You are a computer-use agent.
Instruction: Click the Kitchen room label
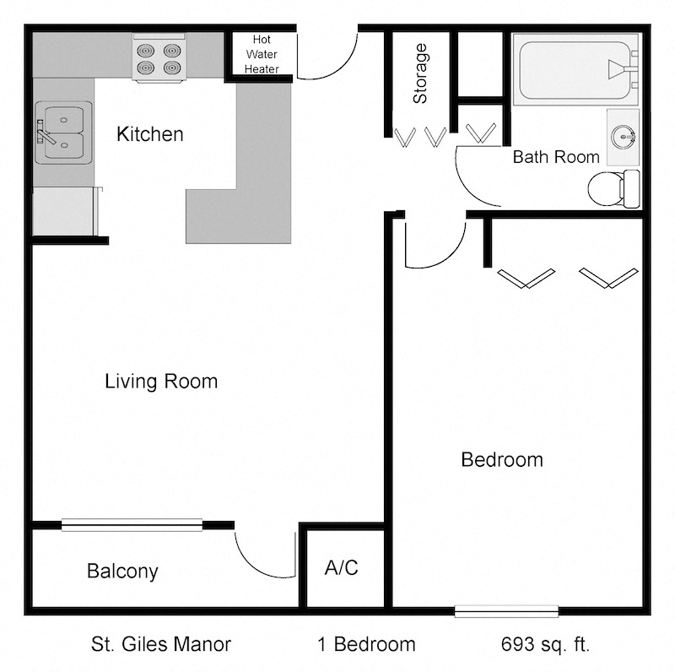pos(149,134)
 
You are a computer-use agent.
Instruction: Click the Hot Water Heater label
pos(262,54)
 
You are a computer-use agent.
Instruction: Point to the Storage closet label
pos(419,73)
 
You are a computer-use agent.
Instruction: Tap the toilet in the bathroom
pos(613,188)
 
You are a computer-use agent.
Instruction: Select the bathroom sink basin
pos(624,136)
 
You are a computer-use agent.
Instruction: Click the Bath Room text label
pos(556,157)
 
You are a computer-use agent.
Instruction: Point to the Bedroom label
pos(501,460)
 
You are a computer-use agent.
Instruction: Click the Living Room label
pos(161,382)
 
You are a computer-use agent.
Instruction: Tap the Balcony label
pos(122,572)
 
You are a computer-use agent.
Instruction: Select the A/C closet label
pos(341,568)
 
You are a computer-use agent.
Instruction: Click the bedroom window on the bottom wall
pos(506,611)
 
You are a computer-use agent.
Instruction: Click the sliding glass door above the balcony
pos(132,524)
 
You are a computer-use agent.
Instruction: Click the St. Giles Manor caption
pos(161,645)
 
